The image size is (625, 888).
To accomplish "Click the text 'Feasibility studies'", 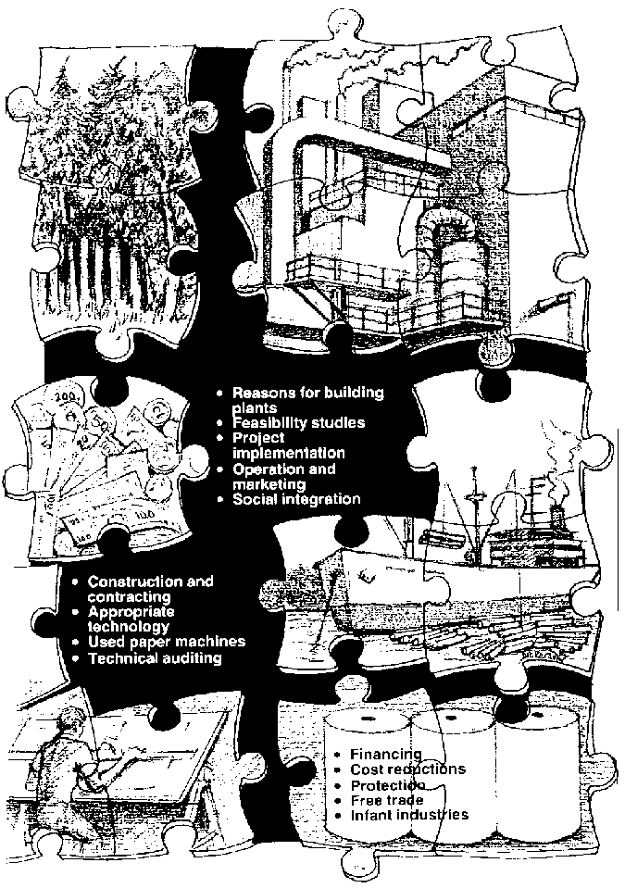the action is [x=298, y=422].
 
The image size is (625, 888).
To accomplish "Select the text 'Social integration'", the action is [x=296, y=499].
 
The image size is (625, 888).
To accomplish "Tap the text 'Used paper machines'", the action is [x=167, y=642].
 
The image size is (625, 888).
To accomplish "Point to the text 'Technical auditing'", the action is [x=155, y=658].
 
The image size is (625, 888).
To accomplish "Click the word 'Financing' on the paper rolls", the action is [x=386, y=755].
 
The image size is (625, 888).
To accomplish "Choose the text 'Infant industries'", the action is [x=409, y=815].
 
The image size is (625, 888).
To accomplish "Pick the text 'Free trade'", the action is [x=387, y=800].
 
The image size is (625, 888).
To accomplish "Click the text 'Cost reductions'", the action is [x=407, y=769].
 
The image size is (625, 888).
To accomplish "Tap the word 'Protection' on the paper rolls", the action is [x=388, y=785].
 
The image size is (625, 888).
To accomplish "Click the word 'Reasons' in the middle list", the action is [x=259, y=393].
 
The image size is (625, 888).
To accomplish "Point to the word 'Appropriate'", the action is [x=131, y=612].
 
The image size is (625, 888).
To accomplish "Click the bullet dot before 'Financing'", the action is [x=338, y=755].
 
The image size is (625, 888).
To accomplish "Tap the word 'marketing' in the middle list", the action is [x=269, y=485].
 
